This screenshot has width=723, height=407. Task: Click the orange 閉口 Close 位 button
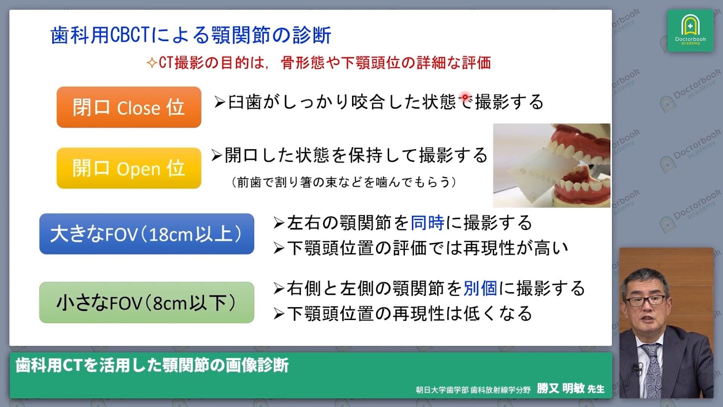[129, 107]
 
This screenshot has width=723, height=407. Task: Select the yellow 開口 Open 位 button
[129, 168]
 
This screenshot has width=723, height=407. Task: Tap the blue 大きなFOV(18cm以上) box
[146, 234]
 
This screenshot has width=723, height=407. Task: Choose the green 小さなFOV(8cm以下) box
[146, 303]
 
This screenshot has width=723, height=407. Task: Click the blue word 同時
[427, 223]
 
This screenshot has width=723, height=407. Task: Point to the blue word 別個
[480, 288]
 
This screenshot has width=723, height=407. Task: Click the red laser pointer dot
[465, 97]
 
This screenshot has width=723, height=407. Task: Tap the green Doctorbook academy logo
[690, 31]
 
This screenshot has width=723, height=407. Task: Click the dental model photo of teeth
[552, 165]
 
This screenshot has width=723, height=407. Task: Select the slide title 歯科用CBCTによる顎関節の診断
[191, 35]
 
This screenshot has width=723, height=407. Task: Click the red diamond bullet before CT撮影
[152, 63]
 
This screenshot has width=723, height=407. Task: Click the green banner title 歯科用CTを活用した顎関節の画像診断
[152, 365]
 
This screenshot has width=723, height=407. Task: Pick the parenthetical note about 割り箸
[344, 182]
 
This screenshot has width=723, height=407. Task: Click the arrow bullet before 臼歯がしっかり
[220, 102]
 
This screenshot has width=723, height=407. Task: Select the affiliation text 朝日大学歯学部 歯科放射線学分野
[473, 390]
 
